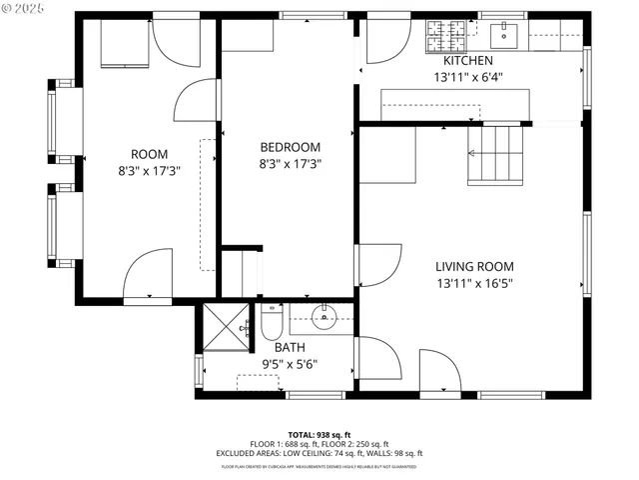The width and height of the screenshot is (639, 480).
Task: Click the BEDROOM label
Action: coord(290,147)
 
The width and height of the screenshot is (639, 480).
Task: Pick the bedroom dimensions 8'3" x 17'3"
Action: coord(290,163)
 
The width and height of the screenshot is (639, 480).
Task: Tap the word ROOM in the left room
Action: coord(150,154)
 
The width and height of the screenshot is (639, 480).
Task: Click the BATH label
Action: coord(290,348)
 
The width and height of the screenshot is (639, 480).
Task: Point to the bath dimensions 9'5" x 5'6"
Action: coord(290,365)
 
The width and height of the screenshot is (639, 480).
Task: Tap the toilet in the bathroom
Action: coord(273,322)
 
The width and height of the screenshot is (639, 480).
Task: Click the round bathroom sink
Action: coord(324,319)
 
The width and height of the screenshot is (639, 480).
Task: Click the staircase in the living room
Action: coord(496,154)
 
